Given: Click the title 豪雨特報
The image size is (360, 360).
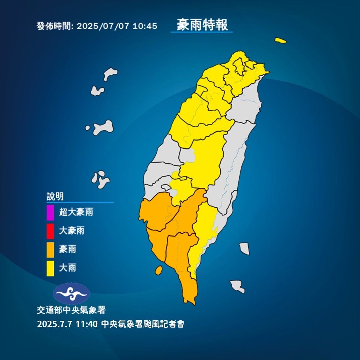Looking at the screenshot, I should tap(202, 25).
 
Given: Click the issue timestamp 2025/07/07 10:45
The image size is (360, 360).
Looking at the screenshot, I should tap(117, 26).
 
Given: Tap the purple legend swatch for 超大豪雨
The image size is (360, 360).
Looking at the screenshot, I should tap(50, 212).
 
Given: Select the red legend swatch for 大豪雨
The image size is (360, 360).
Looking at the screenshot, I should tap(50, 231).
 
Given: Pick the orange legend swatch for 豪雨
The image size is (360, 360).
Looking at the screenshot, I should tap(50, 250).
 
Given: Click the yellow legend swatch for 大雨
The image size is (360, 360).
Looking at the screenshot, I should tap(50, 268).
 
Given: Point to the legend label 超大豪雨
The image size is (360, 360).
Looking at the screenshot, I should tap(76, 212).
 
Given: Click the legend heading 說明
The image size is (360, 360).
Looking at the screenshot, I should tap(55, 196).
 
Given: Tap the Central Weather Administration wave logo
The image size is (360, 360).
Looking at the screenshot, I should tap(72, 293).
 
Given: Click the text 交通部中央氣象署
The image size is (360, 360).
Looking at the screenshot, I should tap(71, 310).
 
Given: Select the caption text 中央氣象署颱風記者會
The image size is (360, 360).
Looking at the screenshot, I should tap(143, 324).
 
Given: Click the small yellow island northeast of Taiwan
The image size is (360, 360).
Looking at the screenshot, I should tap(281, 40).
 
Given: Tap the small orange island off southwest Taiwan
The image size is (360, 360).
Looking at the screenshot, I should tap(159, 270).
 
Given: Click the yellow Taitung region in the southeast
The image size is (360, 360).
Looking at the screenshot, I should tap(204, 226).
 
